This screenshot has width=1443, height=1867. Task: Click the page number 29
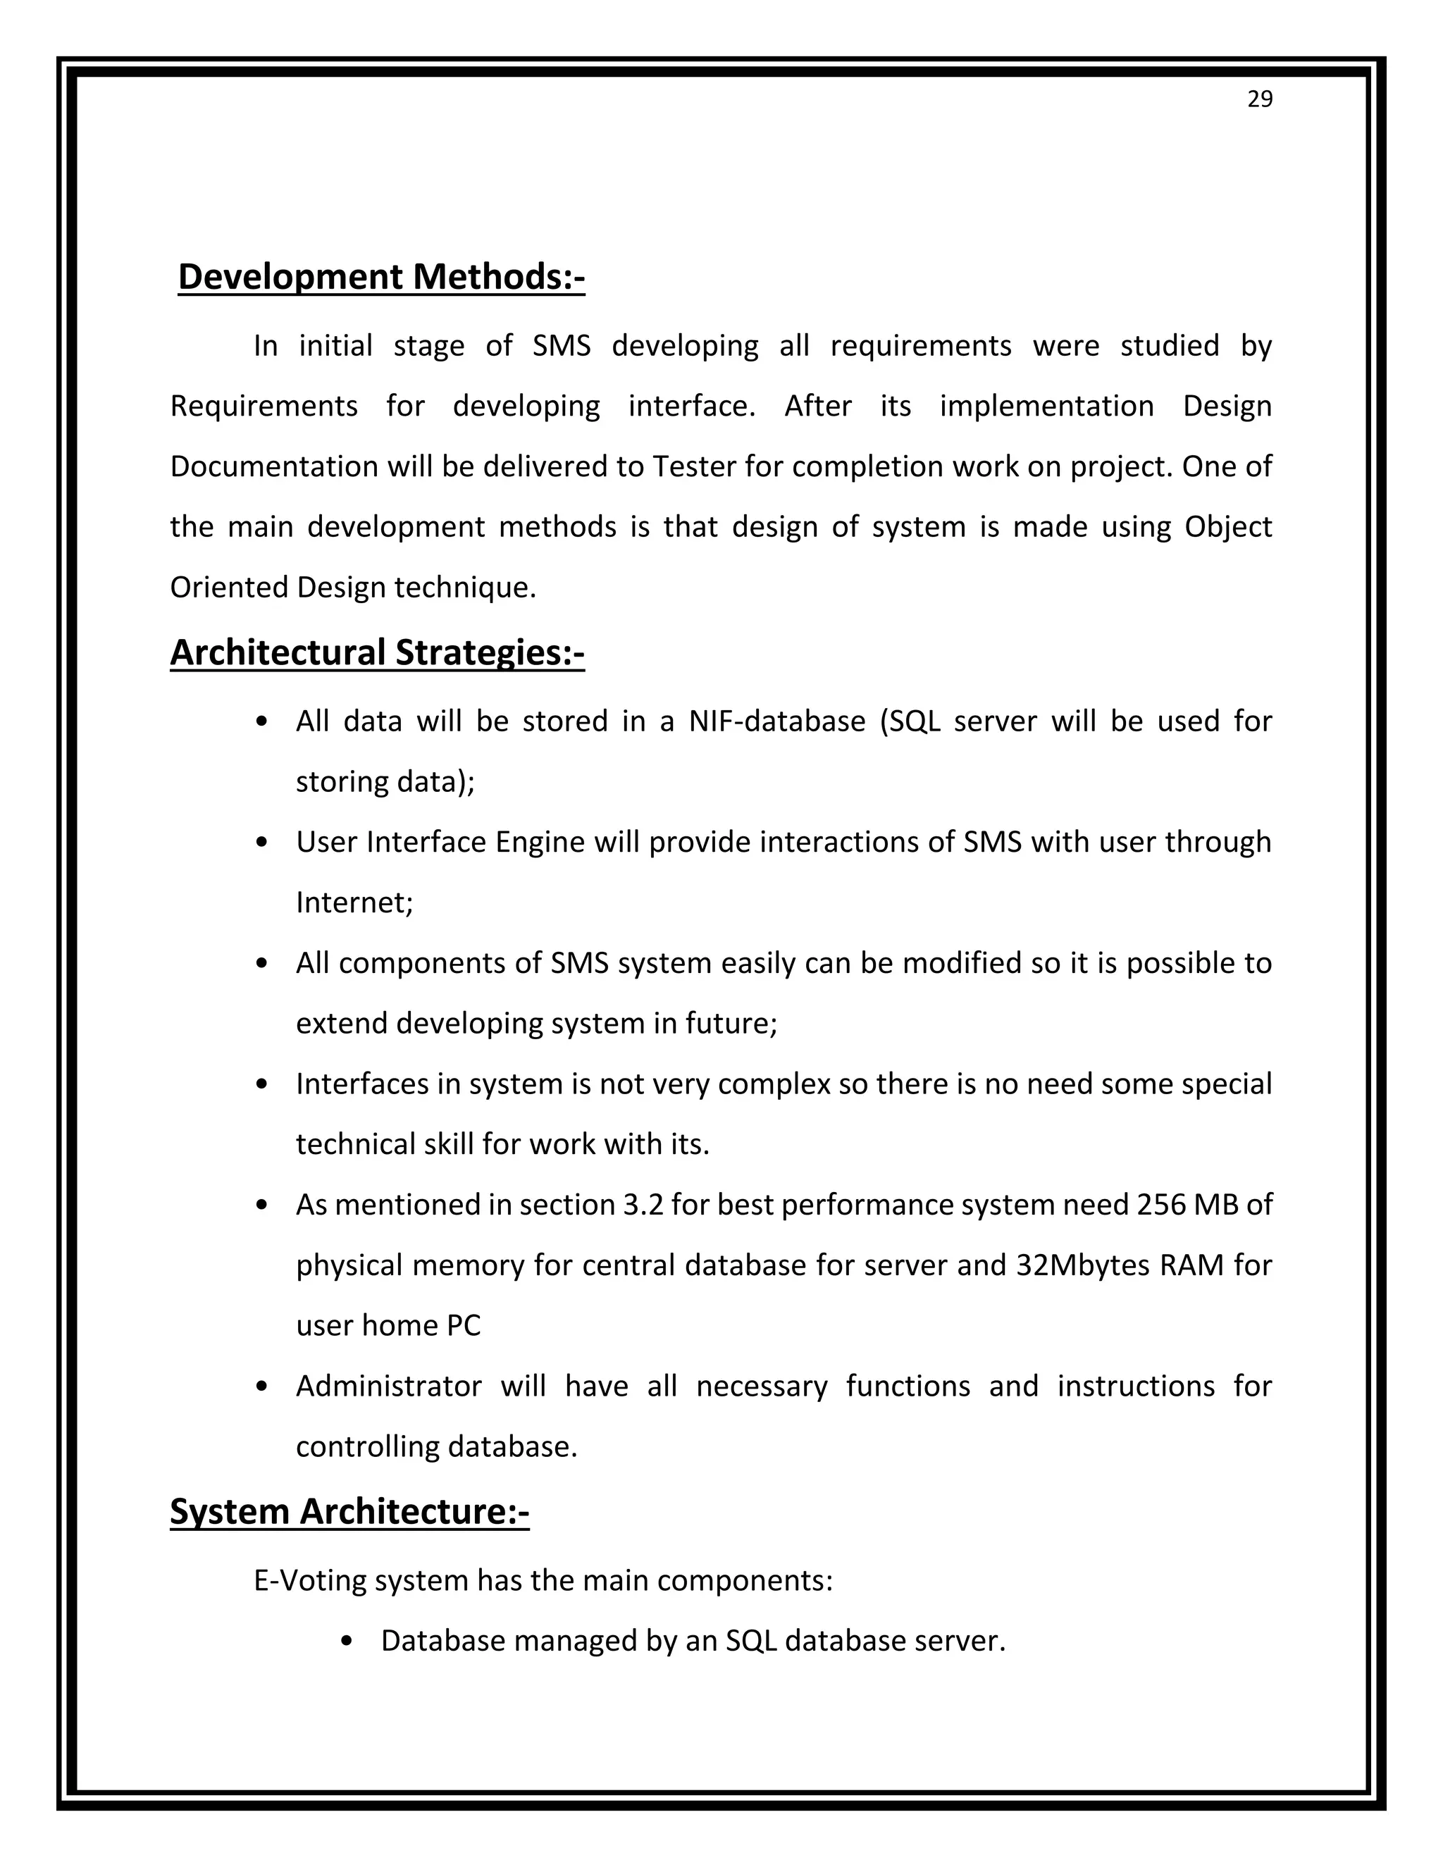[1259, 100]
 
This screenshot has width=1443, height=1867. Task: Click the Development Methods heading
[381, 277]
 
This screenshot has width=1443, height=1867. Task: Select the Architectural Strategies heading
[377, 652]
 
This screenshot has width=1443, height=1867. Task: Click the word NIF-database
[776, 721]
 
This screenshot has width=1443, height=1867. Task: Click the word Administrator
[388, 1386]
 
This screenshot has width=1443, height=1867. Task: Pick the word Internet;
[354, 903]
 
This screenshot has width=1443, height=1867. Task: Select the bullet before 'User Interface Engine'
[262, 842]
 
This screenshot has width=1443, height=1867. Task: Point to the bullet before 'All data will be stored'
[262, 721]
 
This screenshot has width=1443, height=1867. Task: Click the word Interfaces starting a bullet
[361, 1084]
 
